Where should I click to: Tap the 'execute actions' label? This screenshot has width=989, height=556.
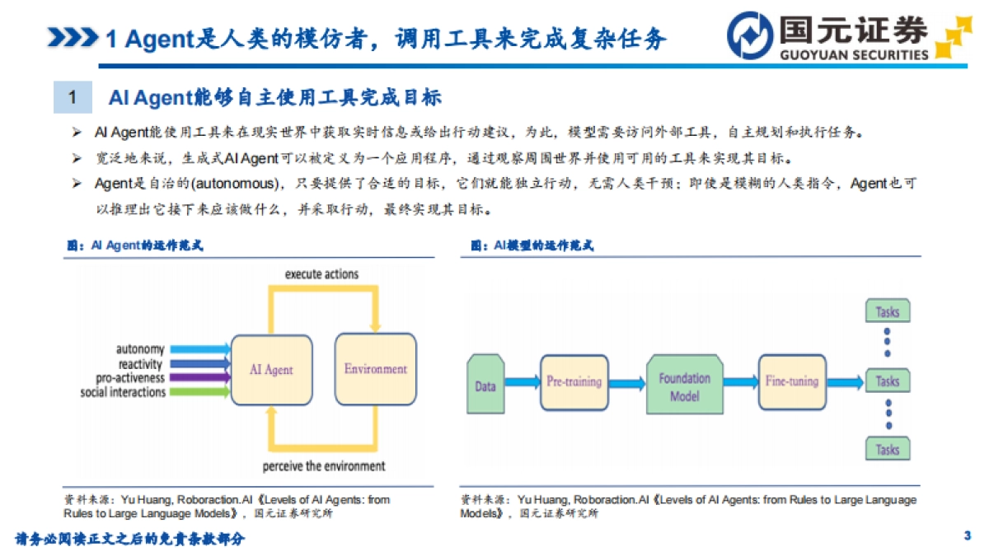(x=322, y=273)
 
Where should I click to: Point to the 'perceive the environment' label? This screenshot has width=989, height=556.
(x=324, y=466)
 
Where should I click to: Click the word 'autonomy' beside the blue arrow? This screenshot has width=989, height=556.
(x=140, y=350)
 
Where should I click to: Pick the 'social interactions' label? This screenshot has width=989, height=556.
(x=123, y=392)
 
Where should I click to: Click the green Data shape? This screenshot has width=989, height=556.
(x=485, y=384)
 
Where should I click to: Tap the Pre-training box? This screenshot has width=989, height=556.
(x=574, y=381)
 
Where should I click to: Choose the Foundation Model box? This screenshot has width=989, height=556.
(x=684, y=387)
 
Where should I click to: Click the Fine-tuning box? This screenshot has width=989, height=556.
(x=791, y=381)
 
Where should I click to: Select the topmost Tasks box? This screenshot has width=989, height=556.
(x=887, y=312)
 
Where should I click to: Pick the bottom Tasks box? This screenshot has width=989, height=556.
(x=887, y=450)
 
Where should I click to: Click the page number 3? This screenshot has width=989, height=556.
(x=967, y=536)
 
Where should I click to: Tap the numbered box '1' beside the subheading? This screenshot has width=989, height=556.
(x=73, y=98)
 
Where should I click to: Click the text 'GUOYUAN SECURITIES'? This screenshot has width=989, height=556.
(x=853, y=55)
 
